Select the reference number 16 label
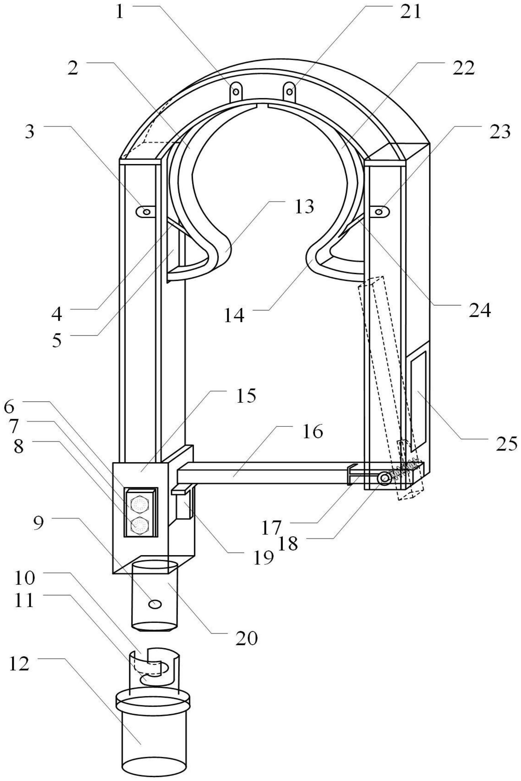coord(313,432)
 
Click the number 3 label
coord(30,132)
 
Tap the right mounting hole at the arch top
coord(290,91)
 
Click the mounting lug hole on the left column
coord(146,211)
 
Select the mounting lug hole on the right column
coord(379,211)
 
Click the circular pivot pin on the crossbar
coord(385,478)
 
